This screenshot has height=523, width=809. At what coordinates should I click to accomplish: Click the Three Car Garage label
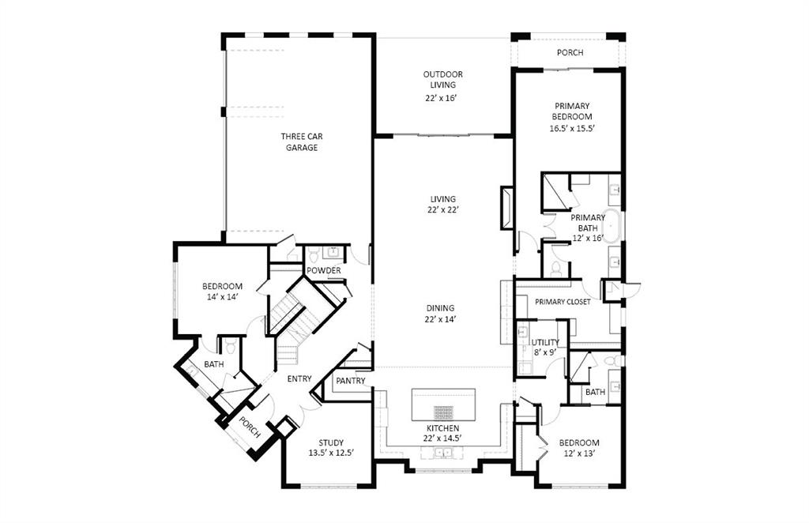pos(302,141)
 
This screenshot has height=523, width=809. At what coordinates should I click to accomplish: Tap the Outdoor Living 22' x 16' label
pos(442,86)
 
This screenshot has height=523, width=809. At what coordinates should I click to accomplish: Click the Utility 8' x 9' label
pos(545,348)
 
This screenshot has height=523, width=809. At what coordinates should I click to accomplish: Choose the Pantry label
pos(350,381)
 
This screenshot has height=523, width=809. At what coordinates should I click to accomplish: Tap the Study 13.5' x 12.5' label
pos(330,447)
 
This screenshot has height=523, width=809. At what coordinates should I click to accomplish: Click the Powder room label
pos(324,270)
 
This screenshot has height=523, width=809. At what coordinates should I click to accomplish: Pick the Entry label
pos(299,378)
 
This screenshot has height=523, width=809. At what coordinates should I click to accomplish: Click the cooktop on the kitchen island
pos(443,412)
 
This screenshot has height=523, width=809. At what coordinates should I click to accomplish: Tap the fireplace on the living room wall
pos(506,209)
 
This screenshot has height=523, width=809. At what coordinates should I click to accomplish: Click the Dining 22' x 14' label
pos(442,314)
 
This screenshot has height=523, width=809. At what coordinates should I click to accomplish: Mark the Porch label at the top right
pos(570,53)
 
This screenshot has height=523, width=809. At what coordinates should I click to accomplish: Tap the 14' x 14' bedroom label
pos(222,291)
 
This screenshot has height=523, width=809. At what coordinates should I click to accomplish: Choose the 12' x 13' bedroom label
pos(579,448)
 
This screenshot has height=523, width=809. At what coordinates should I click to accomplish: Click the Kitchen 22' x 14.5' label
pos(442,433)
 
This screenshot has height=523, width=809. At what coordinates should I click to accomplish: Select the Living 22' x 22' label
pos(442,205)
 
